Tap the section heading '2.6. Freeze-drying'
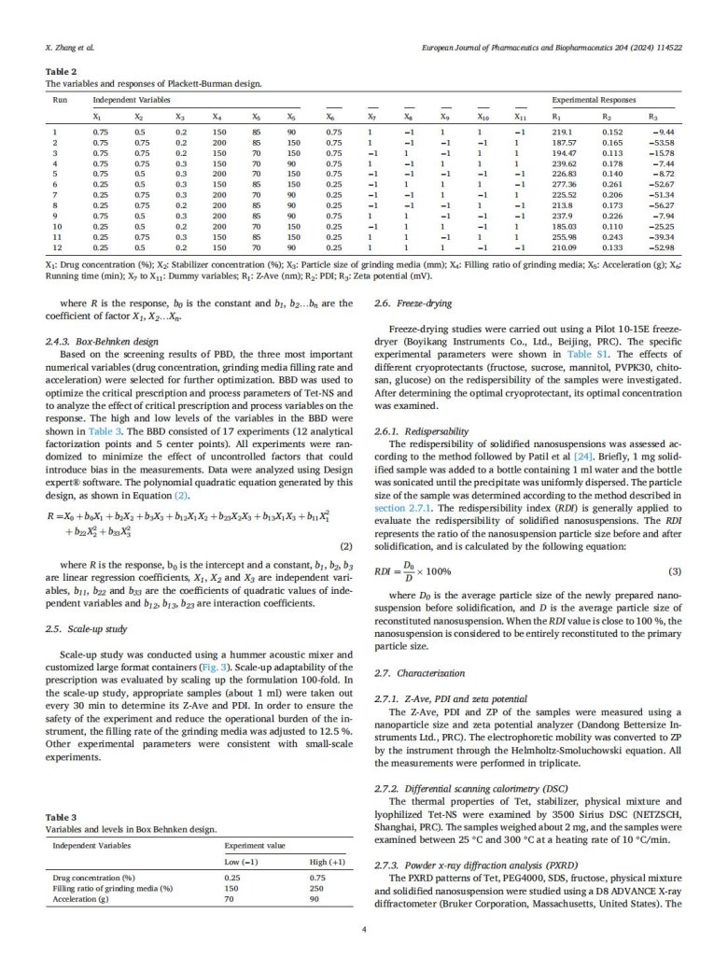coord(411,304)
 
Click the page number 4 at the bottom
coord(364,955)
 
